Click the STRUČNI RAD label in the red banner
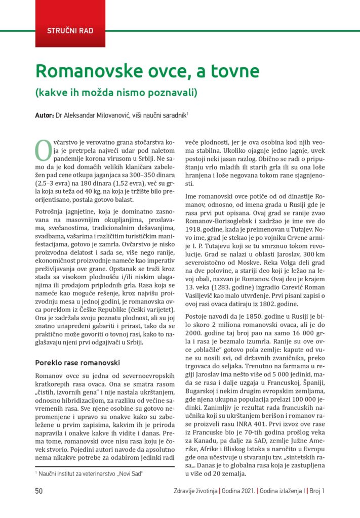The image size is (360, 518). (x=70, y=30)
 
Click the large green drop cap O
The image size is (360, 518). (x=42, y=149)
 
